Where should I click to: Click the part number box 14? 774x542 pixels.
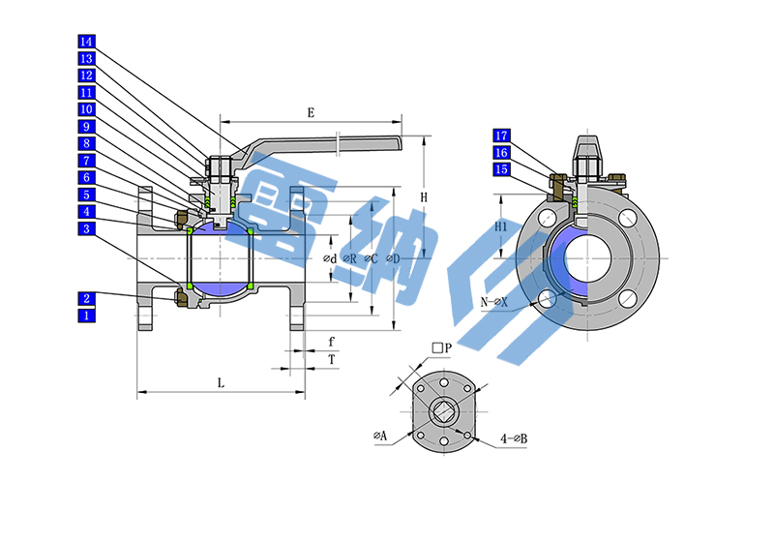click(87, 43)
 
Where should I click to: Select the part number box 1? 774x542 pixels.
click(87, 316)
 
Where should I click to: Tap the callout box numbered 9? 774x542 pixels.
click(87, 127)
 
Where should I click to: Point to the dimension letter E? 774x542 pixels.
click(311, 113)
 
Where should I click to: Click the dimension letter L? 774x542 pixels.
click(221, 382)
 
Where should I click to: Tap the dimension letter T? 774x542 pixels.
click(332, 359)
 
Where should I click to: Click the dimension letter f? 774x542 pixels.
click(332, 342)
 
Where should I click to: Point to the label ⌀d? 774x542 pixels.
click(330, 259)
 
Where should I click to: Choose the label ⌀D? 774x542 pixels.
click(392, 259)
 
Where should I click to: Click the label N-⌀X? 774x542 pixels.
click(495, 303)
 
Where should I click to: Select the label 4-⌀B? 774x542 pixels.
click(514, 438)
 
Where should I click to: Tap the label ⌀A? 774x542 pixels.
click(380, 437)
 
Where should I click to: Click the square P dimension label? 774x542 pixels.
click(442, 347)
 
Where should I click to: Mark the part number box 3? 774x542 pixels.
click(87, 228)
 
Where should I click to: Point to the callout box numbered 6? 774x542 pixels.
click(87, 177)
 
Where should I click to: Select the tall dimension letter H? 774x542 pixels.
click(424, 197)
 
